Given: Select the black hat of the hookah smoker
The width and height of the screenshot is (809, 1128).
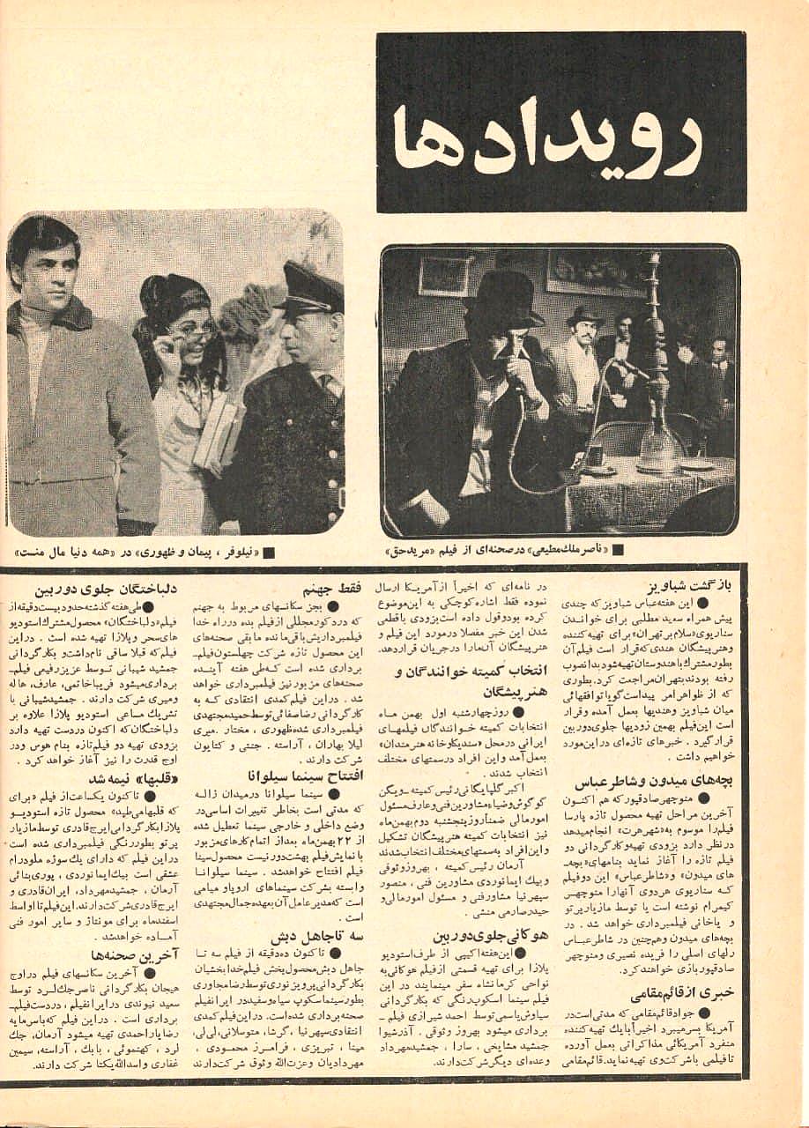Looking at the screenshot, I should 503,301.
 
